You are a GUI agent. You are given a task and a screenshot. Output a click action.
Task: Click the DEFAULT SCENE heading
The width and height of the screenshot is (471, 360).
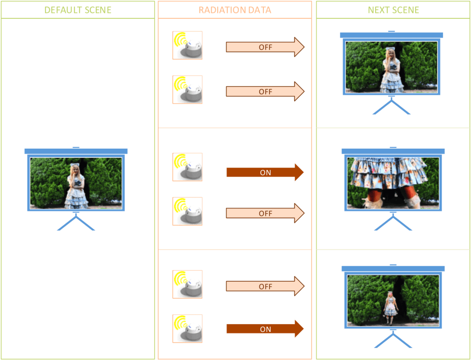(77, 10)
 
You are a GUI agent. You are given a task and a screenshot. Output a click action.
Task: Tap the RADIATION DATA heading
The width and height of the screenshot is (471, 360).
(235, 10)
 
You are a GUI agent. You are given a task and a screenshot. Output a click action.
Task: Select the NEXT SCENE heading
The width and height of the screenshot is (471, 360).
(393, 10)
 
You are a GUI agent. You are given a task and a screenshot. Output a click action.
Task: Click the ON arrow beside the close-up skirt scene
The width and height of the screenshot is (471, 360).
(265, 173)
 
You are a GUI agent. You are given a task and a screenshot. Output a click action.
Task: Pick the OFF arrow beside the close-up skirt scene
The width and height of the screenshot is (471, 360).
(265, 213)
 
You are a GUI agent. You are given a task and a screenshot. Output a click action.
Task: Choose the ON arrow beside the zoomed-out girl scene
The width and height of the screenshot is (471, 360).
(265, 329)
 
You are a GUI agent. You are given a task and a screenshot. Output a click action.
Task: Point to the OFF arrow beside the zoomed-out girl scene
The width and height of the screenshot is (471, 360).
(265, 286)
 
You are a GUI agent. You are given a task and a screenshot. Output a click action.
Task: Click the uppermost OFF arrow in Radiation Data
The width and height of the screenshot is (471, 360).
(265, 47)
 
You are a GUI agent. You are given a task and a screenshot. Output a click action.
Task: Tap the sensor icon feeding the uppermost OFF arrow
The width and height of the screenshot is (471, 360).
(187, 45)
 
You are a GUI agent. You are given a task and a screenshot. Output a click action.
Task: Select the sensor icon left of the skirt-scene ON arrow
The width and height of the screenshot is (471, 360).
(187, 167)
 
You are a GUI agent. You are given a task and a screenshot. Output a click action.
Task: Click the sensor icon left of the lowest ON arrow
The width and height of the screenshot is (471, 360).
(187, 329)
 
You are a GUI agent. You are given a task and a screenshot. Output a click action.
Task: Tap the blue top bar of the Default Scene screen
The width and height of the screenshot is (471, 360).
(76, 151)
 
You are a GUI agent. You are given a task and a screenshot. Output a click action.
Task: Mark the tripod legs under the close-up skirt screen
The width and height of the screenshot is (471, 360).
(393, 223)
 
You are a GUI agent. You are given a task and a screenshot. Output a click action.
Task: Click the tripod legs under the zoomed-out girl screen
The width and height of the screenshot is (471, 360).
(393, 341)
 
